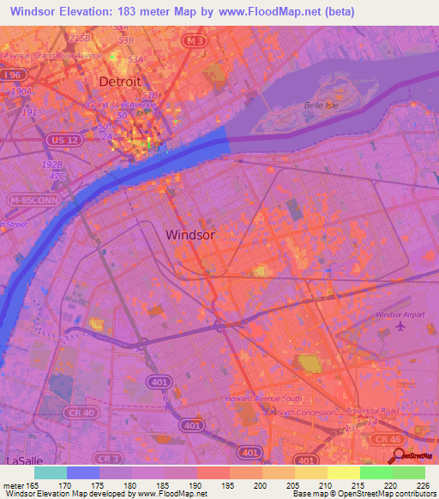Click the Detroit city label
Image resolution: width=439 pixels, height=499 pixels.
[120, 81]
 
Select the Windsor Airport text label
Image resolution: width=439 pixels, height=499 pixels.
[400, 315]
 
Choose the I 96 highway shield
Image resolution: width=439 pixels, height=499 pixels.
[13, 75]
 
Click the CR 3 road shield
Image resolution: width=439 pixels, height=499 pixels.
[107, 458]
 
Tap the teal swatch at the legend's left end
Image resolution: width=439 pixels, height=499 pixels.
[51, 472]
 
